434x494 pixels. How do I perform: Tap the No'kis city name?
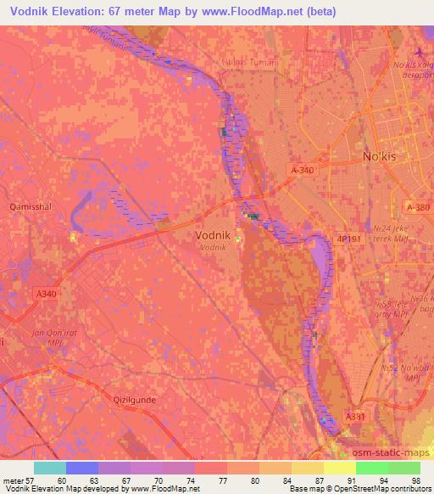point(379,158)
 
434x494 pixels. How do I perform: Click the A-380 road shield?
point(418,207)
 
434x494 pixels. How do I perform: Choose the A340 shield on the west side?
point(47,294)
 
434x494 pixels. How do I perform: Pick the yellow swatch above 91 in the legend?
point(340,468)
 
